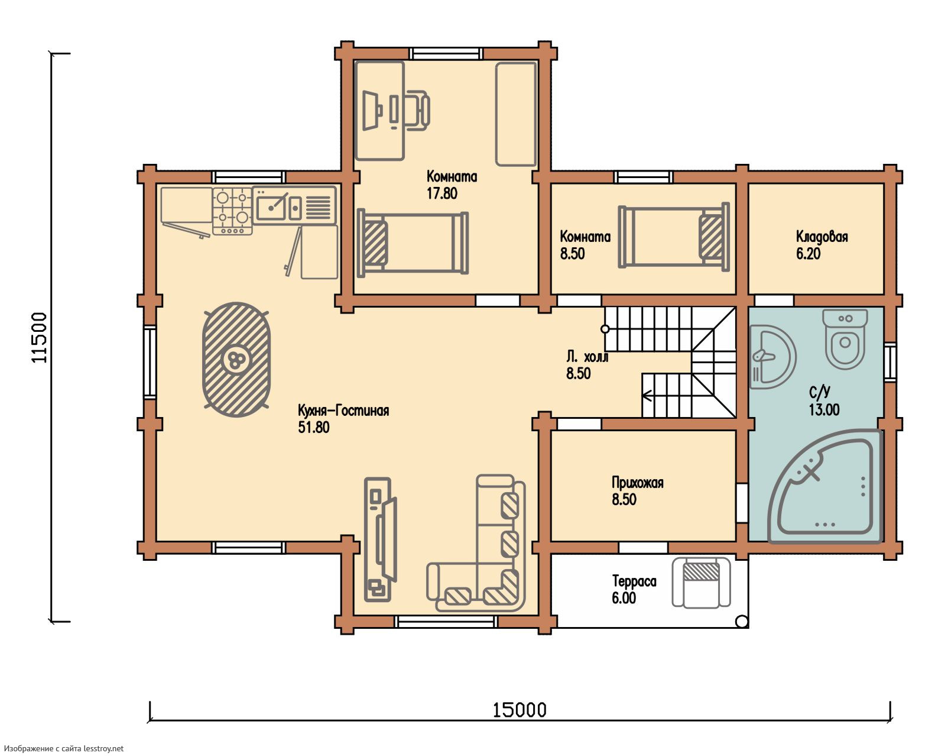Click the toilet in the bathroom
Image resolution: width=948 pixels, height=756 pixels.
click(845, 338)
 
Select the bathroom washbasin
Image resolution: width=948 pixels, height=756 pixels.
click(772, 357)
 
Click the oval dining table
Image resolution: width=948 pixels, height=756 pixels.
click(236, 360)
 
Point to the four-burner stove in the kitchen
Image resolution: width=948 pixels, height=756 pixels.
click(233, 211)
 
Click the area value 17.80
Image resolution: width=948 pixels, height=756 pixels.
click(442, 193)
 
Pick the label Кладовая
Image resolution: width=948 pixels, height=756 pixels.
click(822, 237)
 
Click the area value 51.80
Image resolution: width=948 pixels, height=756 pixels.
click(314, 428)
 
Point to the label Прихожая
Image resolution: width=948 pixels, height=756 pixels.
click(638, 483)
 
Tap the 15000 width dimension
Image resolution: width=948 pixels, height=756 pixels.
click(519, 710)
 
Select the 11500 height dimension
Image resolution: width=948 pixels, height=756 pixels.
click(40, 337)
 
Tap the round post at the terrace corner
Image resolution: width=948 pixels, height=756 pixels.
click(742, 622)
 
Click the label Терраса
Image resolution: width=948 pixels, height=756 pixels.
click(634, 581)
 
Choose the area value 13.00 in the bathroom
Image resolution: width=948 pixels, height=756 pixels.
click(824, 410)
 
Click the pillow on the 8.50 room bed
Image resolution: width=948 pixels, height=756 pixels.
click(711, 237)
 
